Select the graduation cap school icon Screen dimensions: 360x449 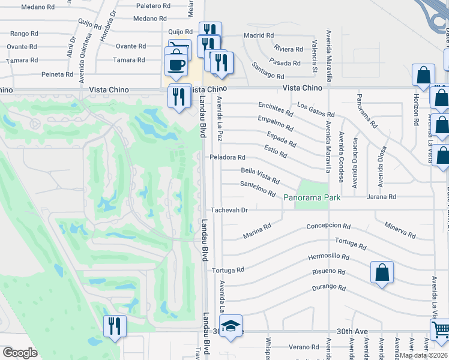(230, 326)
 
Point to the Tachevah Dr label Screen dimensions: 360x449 (229, 210)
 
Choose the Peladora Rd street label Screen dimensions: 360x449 (228, 157)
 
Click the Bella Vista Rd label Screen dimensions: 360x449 (260, 175)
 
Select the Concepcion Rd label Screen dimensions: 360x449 (328, 226)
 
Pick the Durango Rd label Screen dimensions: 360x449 (329, 288)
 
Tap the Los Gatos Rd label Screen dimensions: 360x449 (315, 110)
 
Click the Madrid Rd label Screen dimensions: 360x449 (259, 35)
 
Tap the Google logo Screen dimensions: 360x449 (20, 353)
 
